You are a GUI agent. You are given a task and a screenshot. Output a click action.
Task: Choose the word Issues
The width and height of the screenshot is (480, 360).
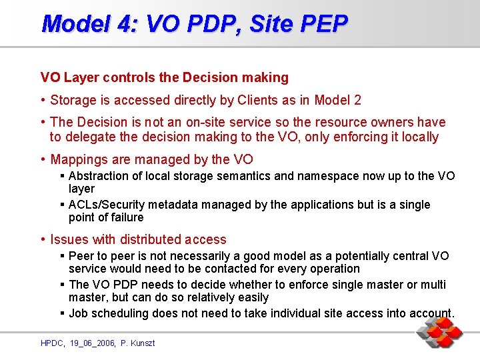point(69,239)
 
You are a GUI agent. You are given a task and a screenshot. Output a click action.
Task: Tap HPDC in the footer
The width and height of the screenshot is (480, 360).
point(51,343)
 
